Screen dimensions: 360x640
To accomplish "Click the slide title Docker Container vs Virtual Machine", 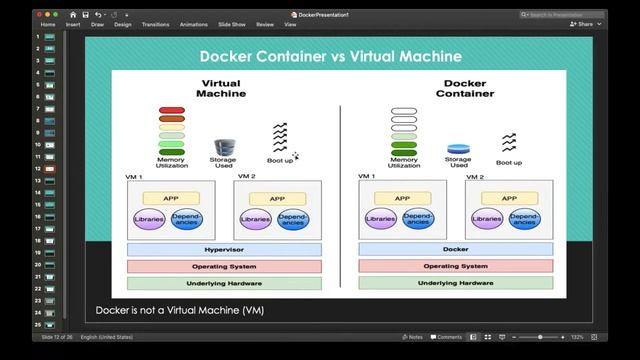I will [330, 56].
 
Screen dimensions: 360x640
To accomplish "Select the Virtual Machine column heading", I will [222, 89].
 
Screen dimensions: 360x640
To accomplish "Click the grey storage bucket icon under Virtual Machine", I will [223, 147].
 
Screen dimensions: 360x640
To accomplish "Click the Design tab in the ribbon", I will [123, 24].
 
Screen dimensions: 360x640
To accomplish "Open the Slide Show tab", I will [232, 24].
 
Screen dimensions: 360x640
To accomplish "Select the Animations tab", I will [193, 24].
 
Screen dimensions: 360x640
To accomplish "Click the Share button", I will [582, 24].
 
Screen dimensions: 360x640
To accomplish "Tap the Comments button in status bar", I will [447, 337].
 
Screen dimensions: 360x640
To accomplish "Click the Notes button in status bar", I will [413, 337].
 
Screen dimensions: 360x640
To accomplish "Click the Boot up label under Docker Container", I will [509, 162].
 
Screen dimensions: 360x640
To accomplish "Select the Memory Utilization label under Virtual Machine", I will [172, 163].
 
